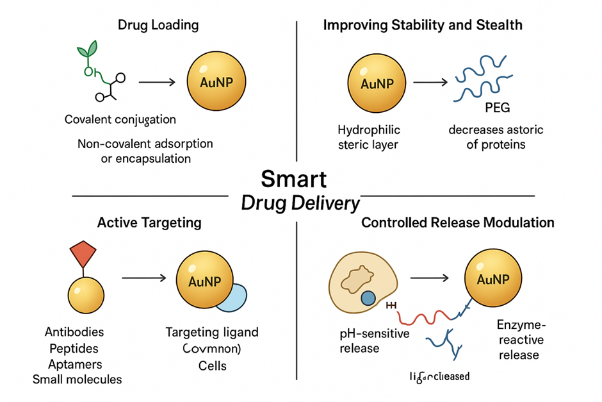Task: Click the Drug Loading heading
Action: coord(158,26)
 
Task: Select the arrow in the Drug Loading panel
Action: coord(158,83)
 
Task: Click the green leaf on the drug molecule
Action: coord(91,49)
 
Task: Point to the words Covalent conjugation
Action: coord(120,120)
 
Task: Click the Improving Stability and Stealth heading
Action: coord(423,26)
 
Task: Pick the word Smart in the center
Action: coord(294,178)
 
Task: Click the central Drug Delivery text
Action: coord(300,203)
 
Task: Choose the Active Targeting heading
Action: coord(149,223)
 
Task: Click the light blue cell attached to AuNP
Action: coord(232,298)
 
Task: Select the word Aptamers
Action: coord(74,364)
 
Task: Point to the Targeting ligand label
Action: coord(212,332)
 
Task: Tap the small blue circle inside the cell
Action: coord(368,299)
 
